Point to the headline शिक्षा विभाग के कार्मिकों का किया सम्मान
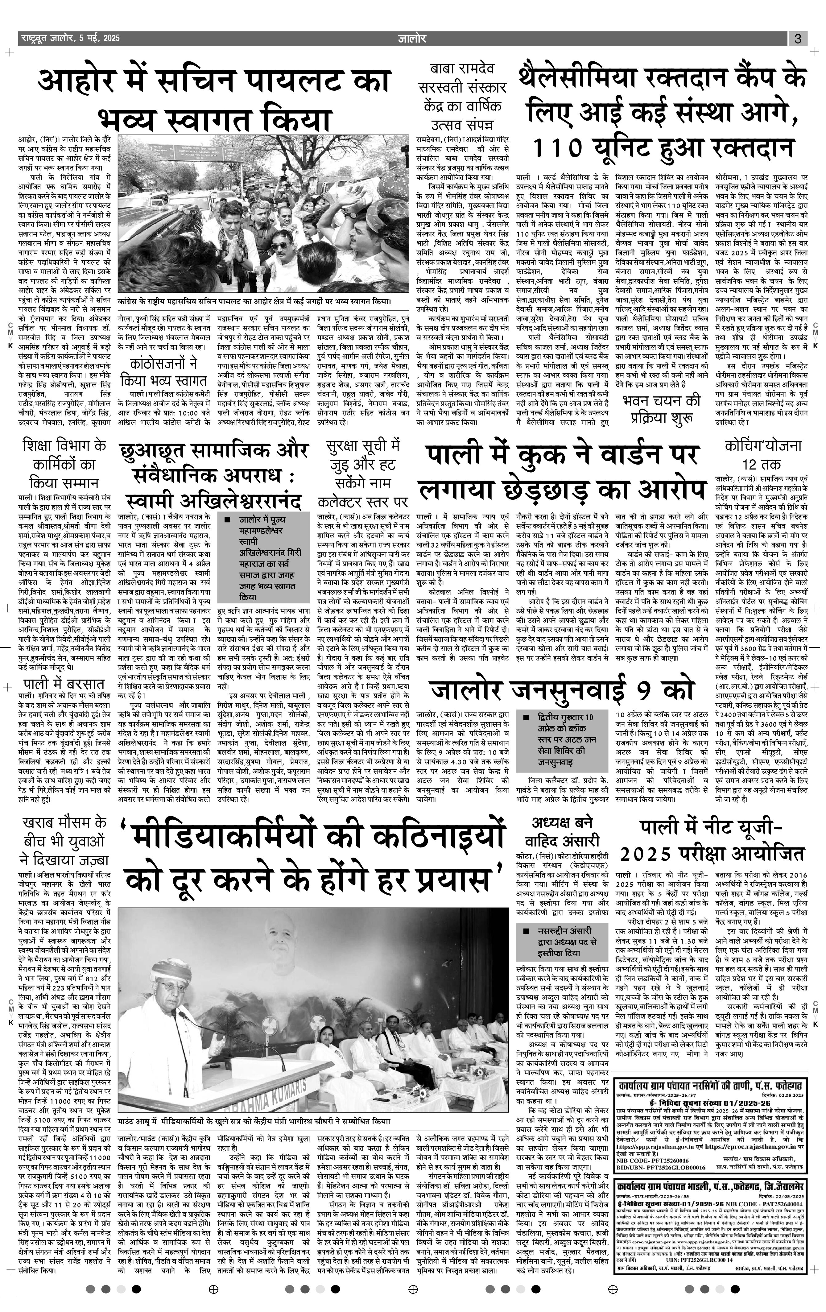click(64, 463)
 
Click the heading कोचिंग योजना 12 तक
click(763, 454)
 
